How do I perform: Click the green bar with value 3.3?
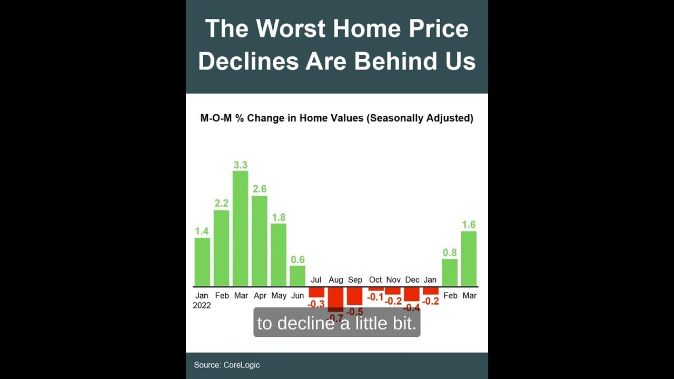pos(240,228)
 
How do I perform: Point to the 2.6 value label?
pos(260,188)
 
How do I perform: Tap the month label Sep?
pos(355,280)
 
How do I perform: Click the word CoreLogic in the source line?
pos(241,365)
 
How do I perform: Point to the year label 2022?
pos(202,305)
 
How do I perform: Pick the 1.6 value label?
pos(469,225)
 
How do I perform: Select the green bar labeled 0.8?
pos(450,273)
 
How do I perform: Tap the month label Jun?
pos(298,295)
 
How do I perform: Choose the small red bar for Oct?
pos(376,289)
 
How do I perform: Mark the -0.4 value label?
pos(412,307)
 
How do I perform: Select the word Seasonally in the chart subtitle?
pos(395,118)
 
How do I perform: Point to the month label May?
pos(279,295)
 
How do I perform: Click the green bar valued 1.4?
pos(202,262)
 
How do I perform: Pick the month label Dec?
pos(412,280)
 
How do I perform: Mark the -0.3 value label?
pos(316,304)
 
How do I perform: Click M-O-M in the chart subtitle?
pos(216,118)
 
